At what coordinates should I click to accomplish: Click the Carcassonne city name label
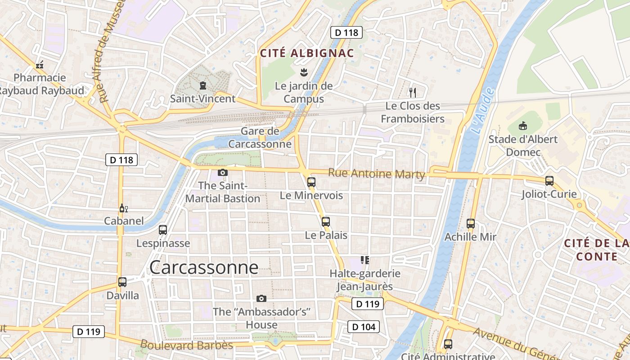coord(204,267)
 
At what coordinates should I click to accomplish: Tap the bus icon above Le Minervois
coord(311,182)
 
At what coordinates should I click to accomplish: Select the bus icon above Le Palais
coord(325,221)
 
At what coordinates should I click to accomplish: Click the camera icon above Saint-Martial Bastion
coord(222,172)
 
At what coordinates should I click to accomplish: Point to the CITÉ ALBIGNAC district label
coord(307,53)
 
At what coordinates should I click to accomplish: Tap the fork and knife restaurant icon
coord(412,93)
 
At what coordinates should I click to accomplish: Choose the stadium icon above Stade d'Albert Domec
coord(523,126)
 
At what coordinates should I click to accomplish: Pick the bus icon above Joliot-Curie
coord(549,181)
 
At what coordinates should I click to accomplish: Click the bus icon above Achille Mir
coord(470,223)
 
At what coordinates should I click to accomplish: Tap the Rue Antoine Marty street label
coord(376,173)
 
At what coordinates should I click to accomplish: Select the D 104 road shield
coord(364,327)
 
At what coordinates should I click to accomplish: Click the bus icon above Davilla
coord(122,282)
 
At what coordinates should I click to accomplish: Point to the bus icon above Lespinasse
coord(163,230)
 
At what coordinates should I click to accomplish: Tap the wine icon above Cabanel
coord(123,208)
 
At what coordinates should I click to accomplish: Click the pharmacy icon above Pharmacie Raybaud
coord(40,65)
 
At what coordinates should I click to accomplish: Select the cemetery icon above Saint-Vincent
coord(202,85)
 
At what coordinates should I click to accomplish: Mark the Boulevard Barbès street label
coord(187,346)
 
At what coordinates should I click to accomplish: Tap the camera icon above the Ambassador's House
coord(261,298)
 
